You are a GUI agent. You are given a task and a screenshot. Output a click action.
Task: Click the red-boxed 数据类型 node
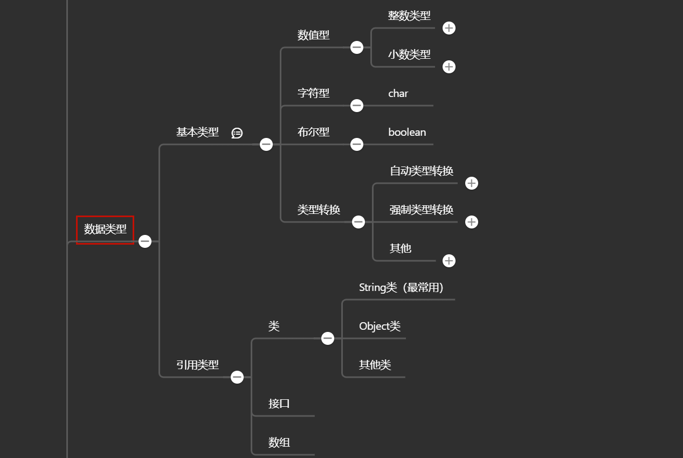point(105,230)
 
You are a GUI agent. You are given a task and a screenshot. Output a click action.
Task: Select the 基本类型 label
point(198,132)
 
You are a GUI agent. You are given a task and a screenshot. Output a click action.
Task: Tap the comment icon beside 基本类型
point(237,133)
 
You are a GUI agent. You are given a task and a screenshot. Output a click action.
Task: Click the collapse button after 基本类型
point(266,144)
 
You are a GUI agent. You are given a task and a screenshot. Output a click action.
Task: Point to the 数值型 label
point(313,35)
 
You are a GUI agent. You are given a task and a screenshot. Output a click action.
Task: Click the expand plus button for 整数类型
point(449,28)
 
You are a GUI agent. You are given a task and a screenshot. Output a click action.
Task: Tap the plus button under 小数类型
point(449,67)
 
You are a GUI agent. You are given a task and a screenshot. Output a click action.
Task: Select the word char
point(398,94)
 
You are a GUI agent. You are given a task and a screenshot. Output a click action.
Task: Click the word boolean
point(407,132)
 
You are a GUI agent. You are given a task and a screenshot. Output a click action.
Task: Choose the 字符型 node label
point(313,93)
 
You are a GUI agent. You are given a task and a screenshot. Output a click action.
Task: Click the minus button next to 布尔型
point(357,144)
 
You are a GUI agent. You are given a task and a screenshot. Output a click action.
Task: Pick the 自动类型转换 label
point(422,171)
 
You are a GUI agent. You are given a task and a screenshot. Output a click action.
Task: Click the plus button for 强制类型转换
point(472,222)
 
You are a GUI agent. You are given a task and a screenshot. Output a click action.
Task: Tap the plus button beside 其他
point(449,261)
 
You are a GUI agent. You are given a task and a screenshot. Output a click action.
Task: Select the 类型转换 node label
point(319,210)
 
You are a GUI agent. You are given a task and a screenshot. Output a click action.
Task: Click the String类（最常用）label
point(401,288)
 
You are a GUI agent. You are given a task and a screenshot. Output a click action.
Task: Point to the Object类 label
point(380,327)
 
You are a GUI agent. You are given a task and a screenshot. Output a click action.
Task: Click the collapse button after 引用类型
point(237,377)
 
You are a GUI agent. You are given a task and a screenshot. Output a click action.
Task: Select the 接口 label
point(279,404)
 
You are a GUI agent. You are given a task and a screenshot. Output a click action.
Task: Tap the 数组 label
point(279,442)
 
